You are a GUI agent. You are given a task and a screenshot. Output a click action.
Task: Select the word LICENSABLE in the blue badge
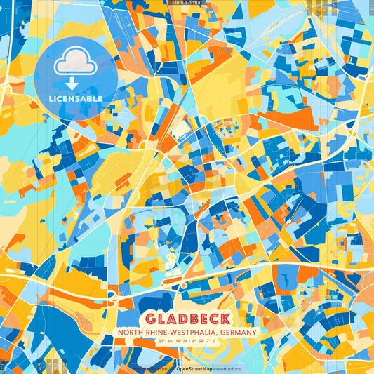point(76,99)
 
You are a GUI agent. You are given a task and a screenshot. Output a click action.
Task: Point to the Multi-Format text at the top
point(187,3)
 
